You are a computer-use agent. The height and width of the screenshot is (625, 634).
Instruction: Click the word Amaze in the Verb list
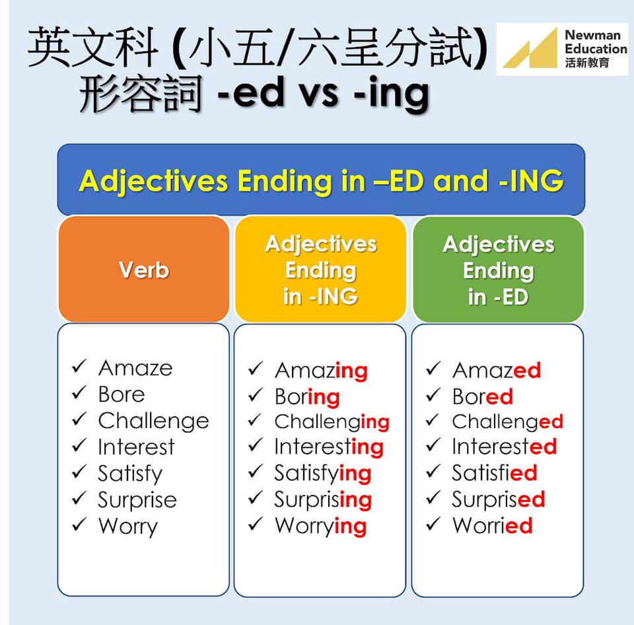click(x=135, y=368)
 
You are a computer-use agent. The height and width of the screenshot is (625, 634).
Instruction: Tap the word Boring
click(x=307, y=397)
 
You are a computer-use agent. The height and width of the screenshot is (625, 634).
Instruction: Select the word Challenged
click(x=507, y=422)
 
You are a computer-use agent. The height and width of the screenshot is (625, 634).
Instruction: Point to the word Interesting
click(x=329, y=447)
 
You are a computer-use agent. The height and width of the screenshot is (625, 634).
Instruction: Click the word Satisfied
click(x=495, y=473)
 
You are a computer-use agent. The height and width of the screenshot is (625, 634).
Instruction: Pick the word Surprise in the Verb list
click(x=137, y=500)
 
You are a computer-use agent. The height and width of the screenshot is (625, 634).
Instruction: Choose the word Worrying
click(x=321, y=527)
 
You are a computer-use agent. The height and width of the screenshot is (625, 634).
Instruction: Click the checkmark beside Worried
click(x=433, y=524)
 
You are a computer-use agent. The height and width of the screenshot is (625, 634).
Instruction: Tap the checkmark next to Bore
click(x=79, y=393)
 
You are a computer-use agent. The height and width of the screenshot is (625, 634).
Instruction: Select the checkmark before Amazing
click(x=256, y=368)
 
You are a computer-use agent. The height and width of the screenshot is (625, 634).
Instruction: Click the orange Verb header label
click(x=144, y=270)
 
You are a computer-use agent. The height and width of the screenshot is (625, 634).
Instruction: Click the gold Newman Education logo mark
click(x=530, y=48)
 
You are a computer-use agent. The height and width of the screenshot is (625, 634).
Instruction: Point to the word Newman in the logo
click(x=592, y=35)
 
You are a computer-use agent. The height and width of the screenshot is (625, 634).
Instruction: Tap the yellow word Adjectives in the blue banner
click(x=154, y=181)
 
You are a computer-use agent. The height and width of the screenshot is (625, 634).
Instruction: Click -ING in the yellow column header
click(x=334, y=297)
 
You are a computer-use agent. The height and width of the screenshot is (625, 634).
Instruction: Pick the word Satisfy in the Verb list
click(x=130, y=474)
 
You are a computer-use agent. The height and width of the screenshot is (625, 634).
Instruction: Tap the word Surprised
click(x=499, y=499)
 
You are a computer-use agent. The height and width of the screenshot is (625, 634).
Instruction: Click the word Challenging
click(x=332, y=422)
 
